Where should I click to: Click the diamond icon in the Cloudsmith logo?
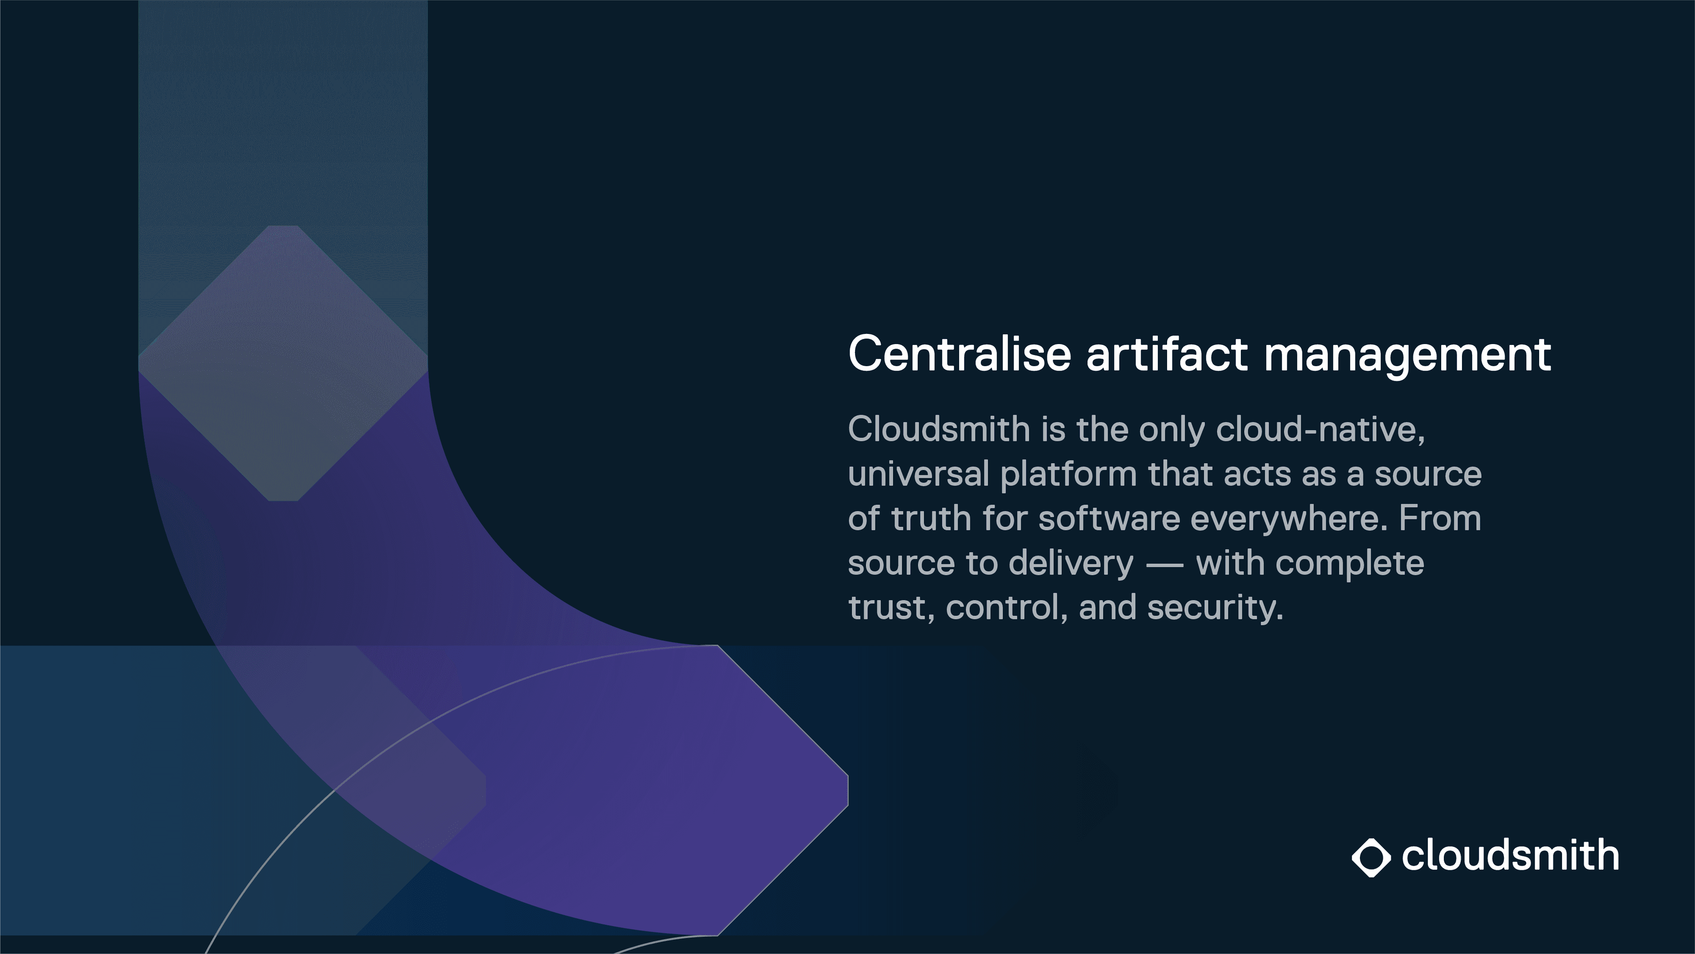pyautogui.click(x=1371, y=858)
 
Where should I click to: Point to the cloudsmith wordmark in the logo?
pyautogui.click(x=1510, y=856)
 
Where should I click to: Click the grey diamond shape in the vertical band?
pyautogui.click(x=283, y=363)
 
